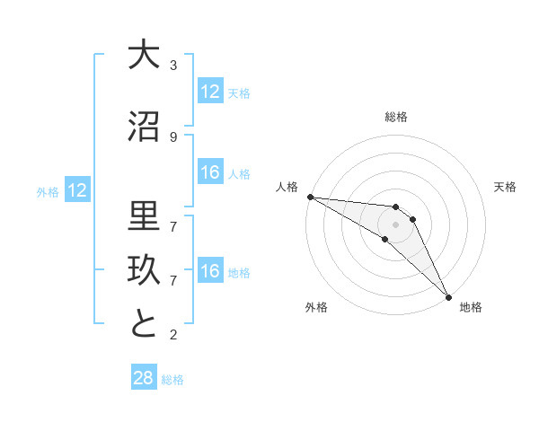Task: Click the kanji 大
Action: pyautogui.click(x=143, y=55)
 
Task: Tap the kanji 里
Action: pyautogui.click(x=143, y=215)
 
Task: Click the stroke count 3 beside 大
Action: pyautogui.click(x=173, y=66)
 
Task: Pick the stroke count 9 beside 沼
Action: pyautogui.click(x=173, y=137)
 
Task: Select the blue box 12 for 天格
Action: pyautogui.click(x=210, y=92)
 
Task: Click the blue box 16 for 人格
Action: pyautogui.click(x=210, y=172)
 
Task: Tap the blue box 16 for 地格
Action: pyautogui.click(x=210, y=271)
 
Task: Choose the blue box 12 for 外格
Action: pyautogui.click(x=76, y=190)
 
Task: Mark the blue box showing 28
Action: pyautogui.click(x=144, y=378)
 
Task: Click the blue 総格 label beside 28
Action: pyautogui.click(x=172, y=380)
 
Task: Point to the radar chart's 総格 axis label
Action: pyautogui.click(x=396, y=117)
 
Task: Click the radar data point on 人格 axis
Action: pyautogui.click(x=310, y=197)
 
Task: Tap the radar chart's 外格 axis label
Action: pyautogui.click(x=316, y=307)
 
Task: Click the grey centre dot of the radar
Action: pyautogui.click(x=396, y=224)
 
